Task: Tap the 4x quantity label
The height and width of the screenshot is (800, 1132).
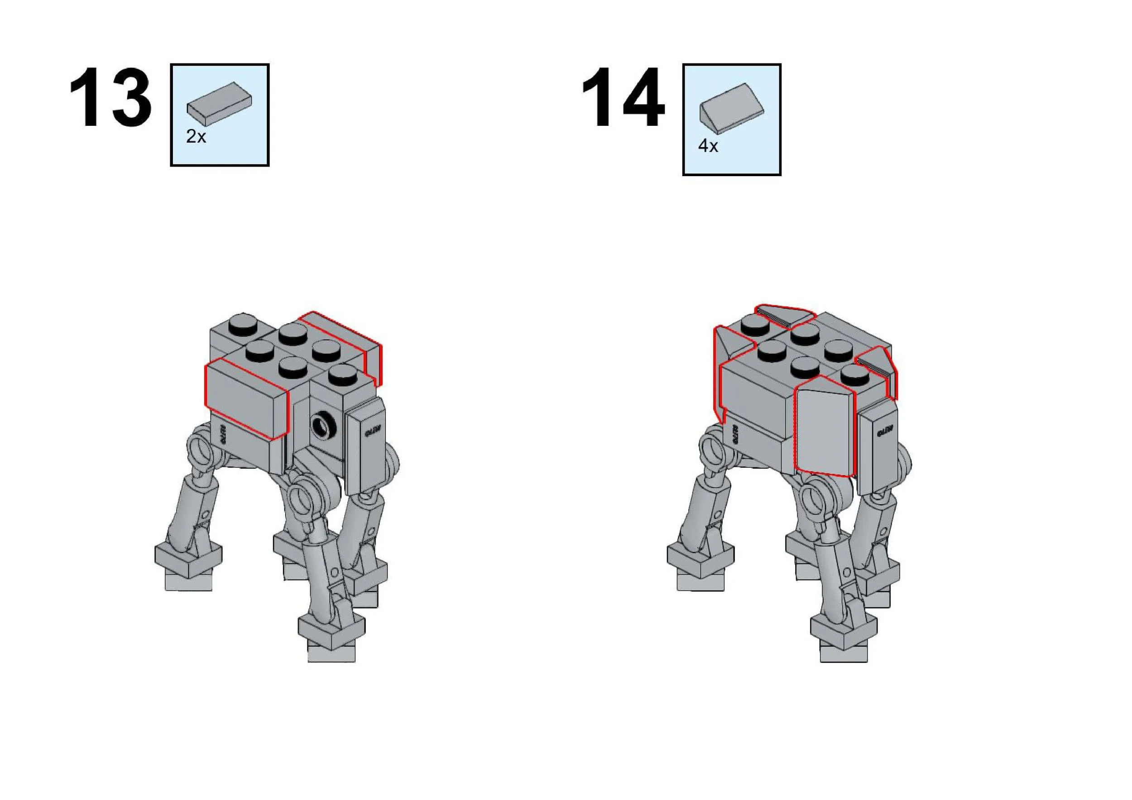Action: [x=708, y=146]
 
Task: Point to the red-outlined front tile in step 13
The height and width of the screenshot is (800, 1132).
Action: [x=245, y=397]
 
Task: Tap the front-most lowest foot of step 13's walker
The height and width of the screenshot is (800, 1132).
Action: [x=331, y=641]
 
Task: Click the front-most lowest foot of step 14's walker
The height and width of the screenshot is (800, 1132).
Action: [x=844, y=641]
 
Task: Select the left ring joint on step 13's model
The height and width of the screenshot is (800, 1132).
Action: [x=201, y=446]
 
